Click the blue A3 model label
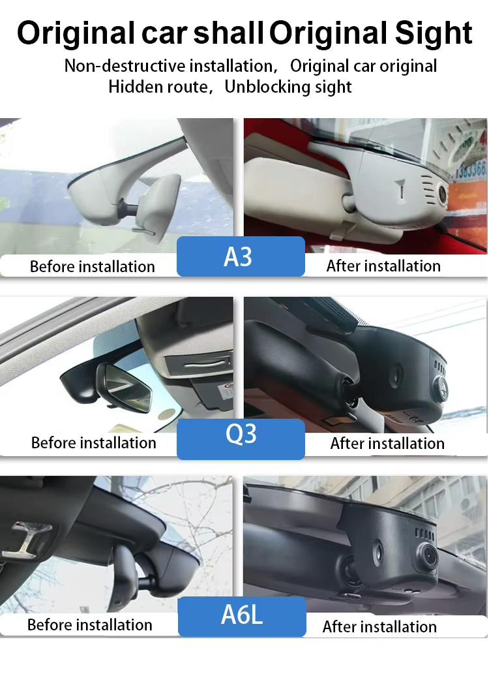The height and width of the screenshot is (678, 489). (241, 256)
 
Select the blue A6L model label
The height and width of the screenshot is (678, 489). (242, 615)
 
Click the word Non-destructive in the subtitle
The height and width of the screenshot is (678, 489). (124, 66)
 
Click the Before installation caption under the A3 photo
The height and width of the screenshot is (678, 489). (92, 266)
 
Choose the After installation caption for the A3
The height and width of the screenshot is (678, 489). (383, 266)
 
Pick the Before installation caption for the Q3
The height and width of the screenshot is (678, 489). (93, 443)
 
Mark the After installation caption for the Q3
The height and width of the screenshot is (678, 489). (387, 444)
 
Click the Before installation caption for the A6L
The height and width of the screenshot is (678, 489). (89, 624)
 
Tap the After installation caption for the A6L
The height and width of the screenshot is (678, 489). (379, 627)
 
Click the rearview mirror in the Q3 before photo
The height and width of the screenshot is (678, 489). (123, 388)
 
